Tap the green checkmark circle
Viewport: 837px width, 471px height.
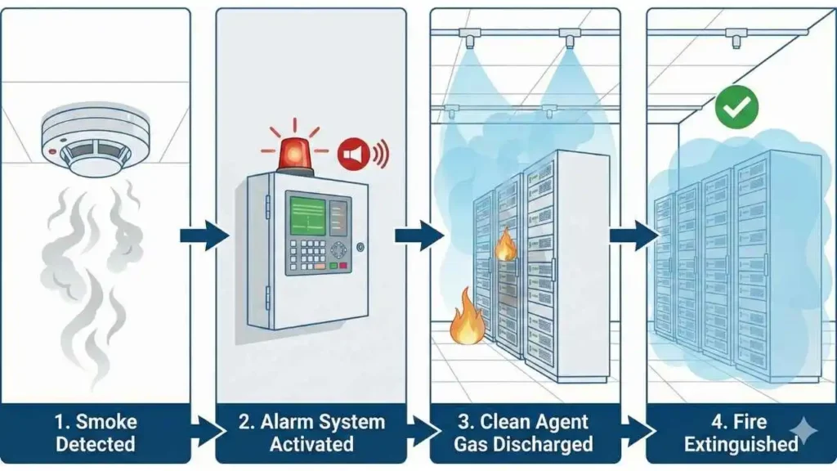(x=736, y=107)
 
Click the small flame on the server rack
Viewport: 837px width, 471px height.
(x=506, y=244)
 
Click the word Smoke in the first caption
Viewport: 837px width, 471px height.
(x=106, y=423)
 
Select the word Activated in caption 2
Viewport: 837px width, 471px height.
(x=311, y=445)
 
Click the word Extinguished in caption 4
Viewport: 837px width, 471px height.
(x=740, y=445)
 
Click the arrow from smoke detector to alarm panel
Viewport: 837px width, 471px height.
(x=204, y=235)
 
